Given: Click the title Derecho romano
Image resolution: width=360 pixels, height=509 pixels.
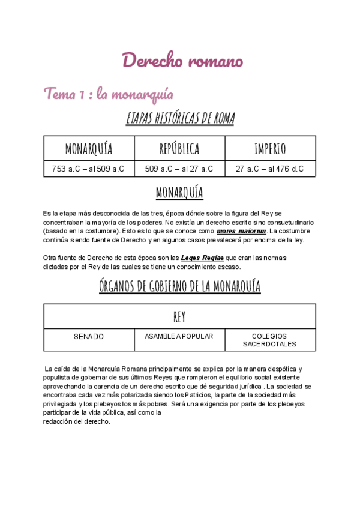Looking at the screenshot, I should (x=182, y=61).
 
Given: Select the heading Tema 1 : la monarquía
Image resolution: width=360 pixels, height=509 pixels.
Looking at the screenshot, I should (x=108, y=94).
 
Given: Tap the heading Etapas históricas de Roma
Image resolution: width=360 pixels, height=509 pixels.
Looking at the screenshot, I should (x=180, y=118).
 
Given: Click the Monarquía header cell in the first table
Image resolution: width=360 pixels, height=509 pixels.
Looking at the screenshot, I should (x=89, y=149).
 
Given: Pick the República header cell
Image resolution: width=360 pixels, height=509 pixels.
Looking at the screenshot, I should (x=179, y=149).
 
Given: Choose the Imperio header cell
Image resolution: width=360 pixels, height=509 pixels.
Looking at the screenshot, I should (x=270, y=149).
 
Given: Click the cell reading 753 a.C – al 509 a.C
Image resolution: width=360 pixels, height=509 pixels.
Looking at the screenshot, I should (x=89, y=169).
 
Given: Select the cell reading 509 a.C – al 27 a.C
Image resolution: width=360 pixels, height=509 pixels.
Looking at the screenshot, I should (x=179, y=169).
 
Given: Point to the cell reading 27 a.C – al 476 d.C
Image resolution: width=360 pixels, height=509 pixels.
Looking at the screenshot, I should (x=270, y=169).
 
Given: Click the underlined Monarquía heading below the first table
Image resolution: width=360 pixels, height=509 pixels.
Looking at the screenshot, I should (x=179, y=193).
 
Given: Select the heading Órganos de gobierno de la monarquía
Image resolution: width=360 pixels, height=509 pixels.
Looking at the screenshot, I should (x=179, y=286).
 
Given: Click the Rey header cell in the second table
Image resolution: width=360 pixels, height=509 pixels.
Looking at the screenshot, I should (x=179, y=316).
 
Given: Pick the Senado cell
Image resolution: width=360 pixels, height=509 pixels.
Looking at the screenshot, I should (x=89, y=337).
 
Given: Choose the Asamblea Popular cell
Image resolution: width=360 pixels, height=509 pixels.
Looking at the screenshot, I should (x=179, y=336).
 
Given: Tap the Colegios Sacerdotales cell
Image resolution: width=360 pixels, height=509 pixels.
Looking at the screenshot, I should (x=269, y=340).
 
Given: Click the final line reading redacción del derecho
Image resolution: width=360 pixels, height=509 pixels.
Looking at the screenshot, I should (x=77, y=421).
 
